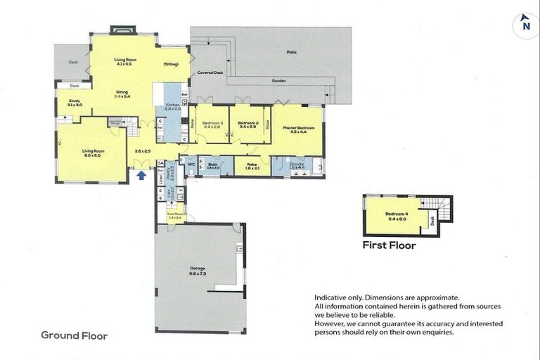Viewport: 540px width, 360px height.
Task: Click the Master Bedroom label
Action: [x=297, y=129]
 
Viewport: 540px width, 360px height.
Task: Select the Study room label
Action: [x=75, y=103]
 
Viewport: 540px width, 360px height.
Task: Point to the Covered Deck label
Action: [x=210, y=72]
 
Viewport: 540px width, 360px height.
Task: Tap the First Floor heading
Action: [x=389, y=246]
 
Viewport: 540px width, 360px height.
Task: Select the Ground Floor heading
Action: [x=74, y=336]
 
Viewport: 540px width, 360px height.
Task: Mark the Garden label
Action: [x=279, y=81]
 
